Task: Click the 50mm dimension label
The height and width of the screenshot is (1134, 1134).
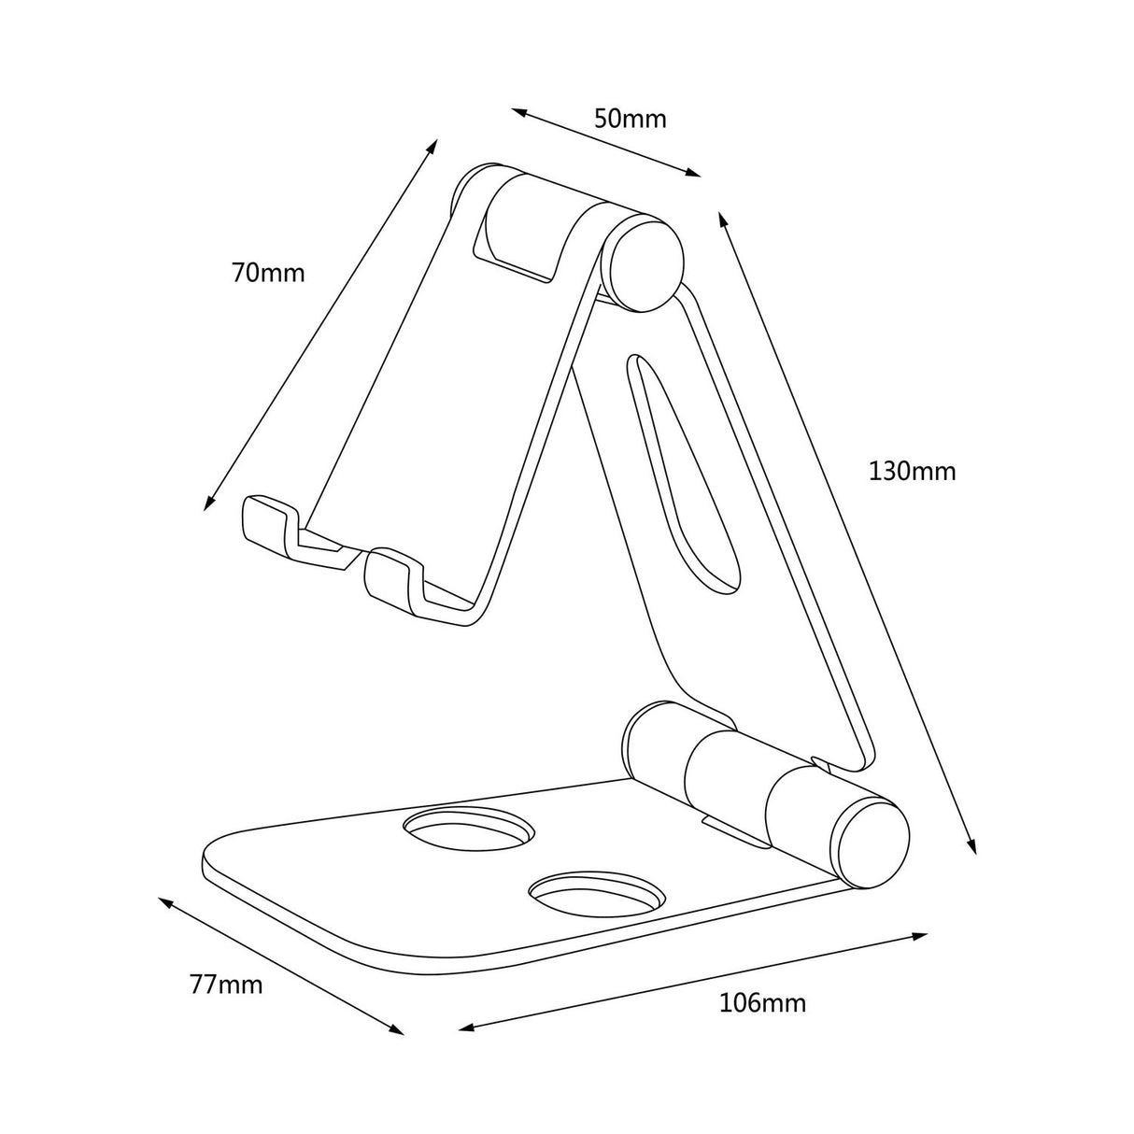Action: (631, 119)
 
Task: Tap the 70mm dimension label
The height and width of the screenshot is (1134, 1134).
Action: (268, 273)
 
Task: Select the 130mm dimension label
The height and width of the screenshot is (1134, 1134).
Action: (913, 471)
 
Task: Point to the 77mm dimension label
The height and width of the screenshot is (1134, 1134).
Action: (225, 984)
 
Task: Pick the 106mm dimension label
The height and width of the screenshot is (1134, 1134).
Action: (762, 1003)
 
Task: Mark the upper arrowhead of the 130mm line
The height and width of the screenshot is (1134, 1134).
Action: (722, 219)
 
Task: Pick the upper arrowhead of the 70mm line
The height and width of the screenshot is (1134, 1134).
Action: (433, 146)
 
